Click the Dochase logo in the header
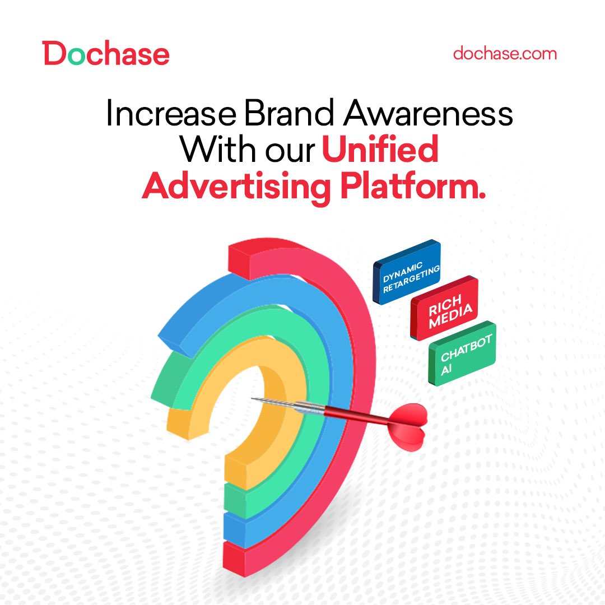coord(106,54)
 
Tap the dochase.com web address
coord(505,54)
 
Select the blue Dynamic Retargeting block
coord(407,271)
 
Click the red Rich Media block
coord(444,307)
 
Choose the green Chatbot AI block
coord(462,353)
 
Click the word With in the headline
coord(215,151)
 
